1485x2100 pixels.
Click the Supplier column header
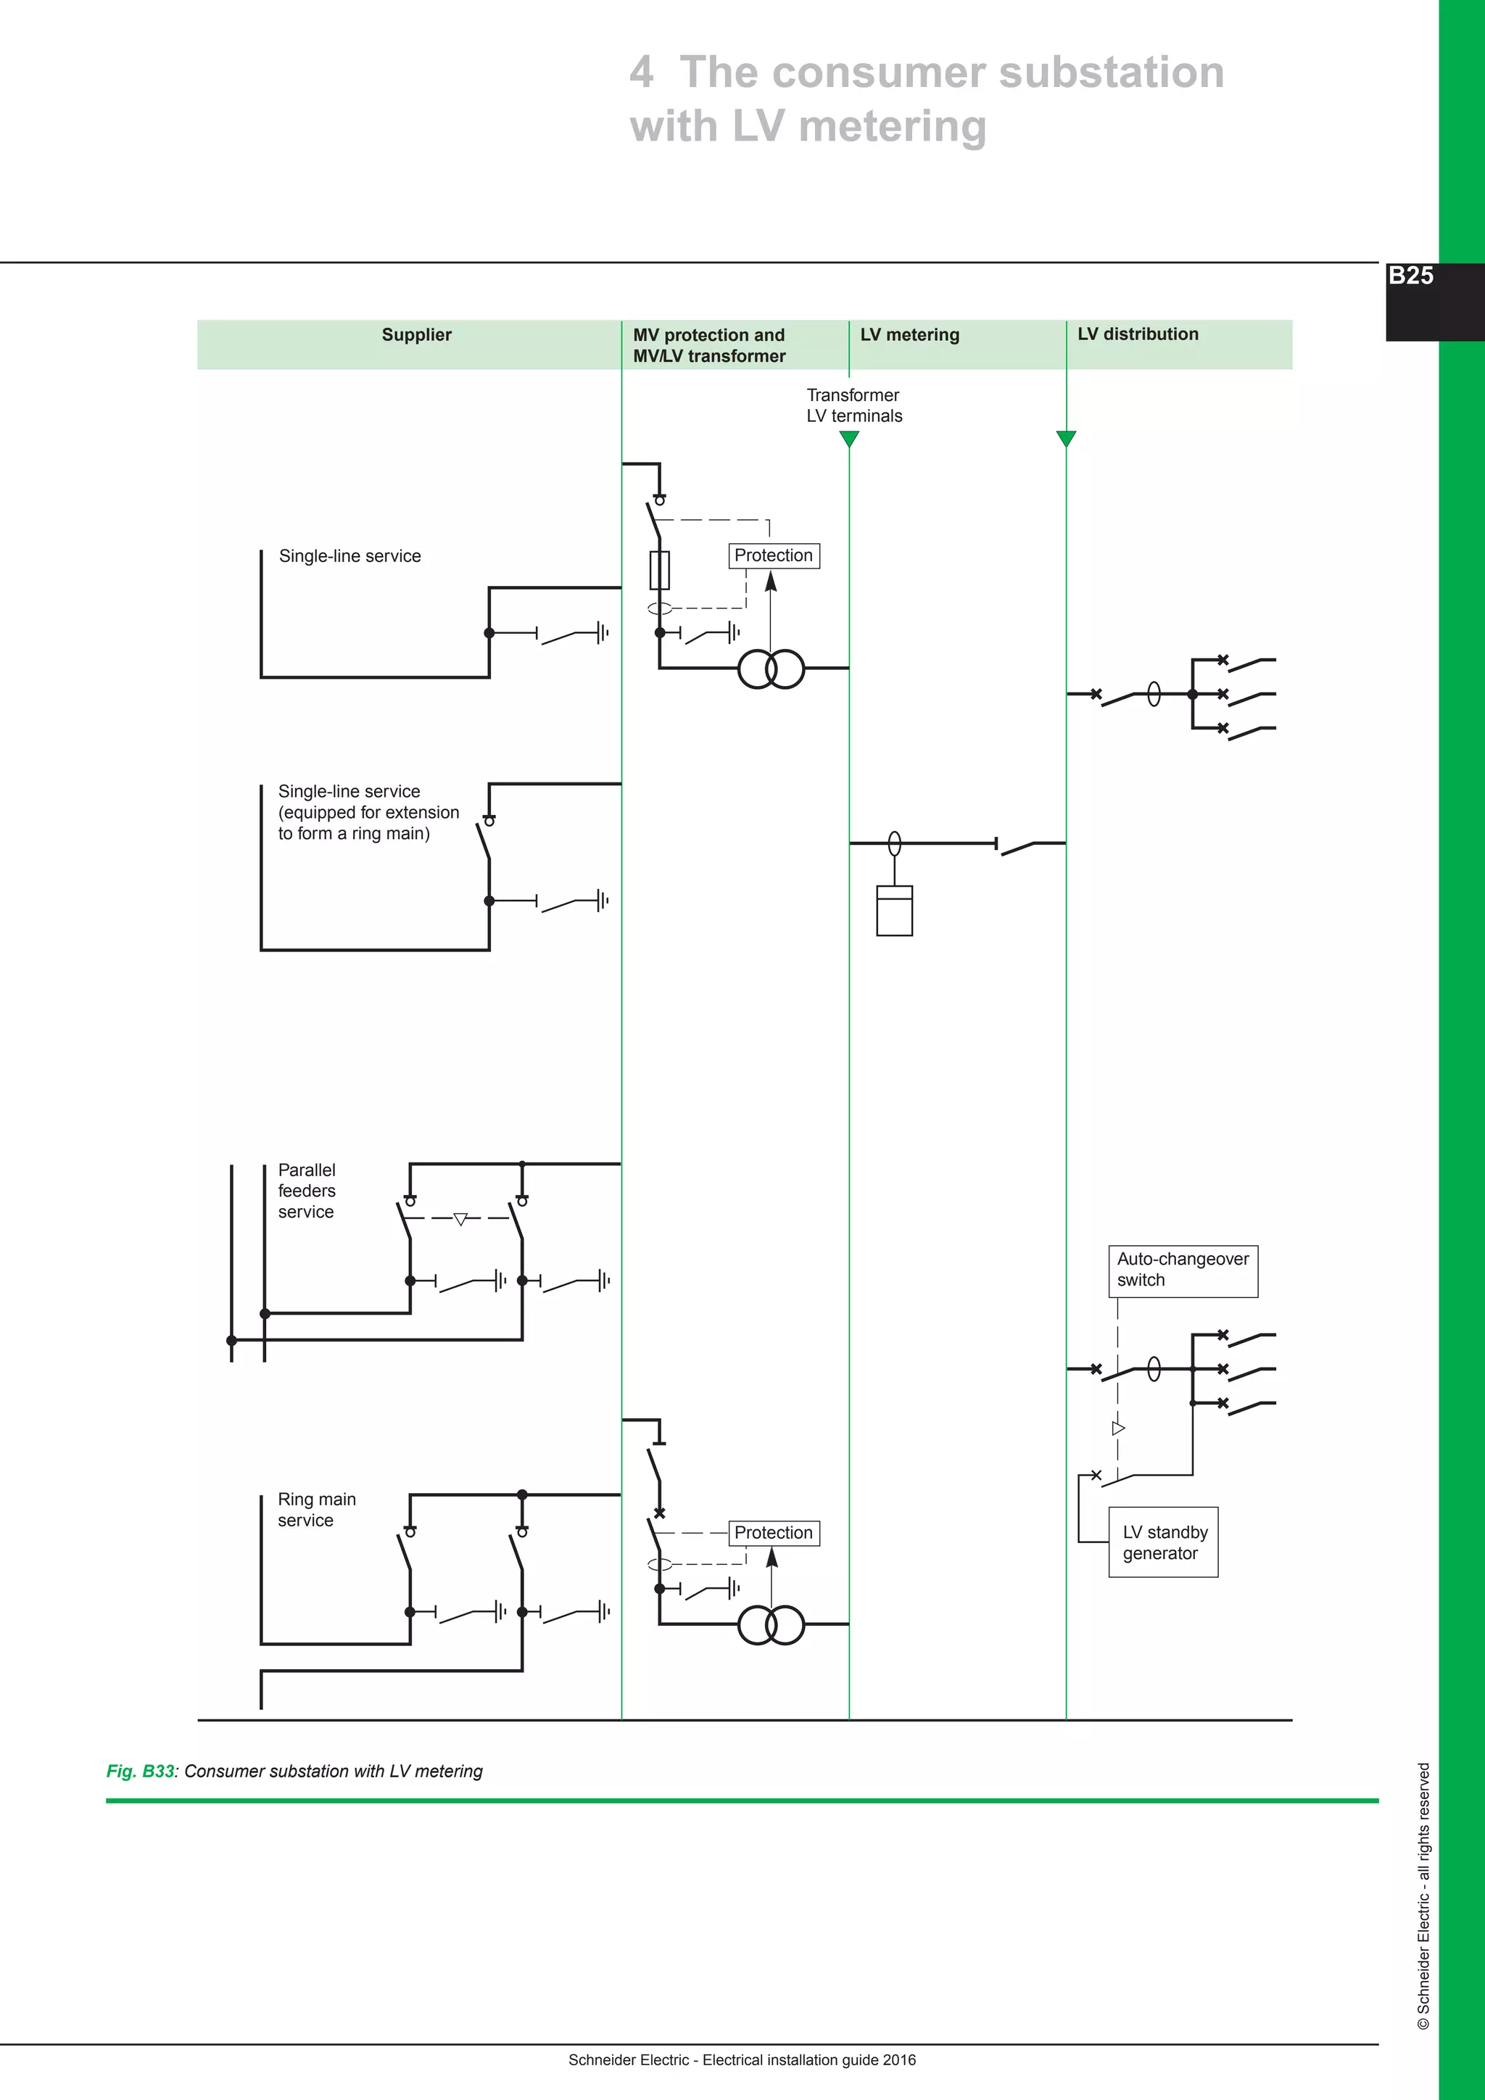click(416, 335)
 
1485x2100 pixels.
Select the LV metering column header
click(909, 335)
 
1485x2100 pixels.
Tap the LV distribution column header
click(1137, 334)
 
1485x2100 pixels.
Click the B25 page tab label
click(1410, 276)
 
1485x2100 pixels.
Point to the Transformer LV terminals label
click(853, 405)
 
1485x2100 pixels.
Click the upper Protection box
click(774, 555)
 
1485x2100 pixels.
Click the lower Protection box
click(774, 1532)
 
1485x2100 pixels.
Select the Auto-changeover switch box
click(1183, 1270)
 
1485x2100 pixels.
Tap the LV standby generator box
click(1163, 1542)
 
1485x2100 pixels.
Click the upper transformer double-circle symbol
click(771, 669)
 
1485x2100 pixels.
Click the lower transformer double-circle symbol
click(771, 1624)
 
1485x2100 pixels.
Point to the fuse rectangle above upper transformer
click(659, 570)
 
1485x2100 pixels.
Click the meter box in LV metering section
click(894, 911)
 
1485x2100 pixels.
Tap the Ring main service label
click(316, 1509)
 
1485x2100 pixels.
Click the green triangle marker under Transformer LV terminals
click(850, 439)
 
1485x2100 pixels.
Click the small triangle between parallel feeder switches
click(461, 1218)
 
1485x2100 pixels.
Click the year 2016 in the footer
click(899, 2060)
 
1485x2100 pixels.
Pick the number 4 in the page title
click(641, 73)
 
